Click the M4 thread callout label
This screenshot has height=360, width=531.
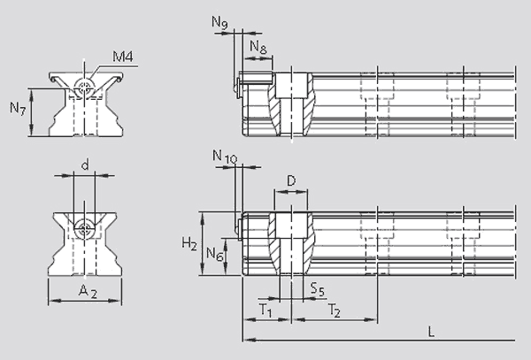tap(123, 58)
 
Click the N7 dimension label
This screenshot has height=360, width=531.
tap(18, 109)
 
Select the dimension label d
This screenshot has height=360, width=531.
tap(85, 165)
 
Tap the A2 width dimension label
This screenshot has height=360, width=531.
tap(86, 291)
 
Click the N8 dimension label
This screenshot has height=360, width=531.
tap(258, 46)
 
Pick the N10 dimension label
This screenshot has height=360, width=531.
tap(225, 157)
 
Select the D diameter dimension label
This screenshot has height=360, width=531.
tap(291, 181)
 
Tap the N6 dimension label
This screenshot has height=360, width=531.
tap(213, 254)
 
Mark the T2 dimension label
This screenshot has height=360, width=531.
tap(334, 310)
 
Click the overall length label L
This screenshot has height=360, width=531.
tap(430, 332)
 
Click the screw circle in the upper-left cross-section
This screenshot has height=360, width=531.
tap(84, 87)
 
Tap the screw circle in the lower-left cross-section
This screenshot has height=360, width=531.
tap(85, 228)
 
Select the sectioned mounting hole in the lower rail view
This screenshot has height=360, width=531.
tap(292, 243)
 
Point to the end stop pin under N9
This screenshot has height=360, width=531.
tap(239, 85)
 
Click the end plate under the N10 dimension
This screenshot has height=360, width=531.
tap(239, 225)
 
